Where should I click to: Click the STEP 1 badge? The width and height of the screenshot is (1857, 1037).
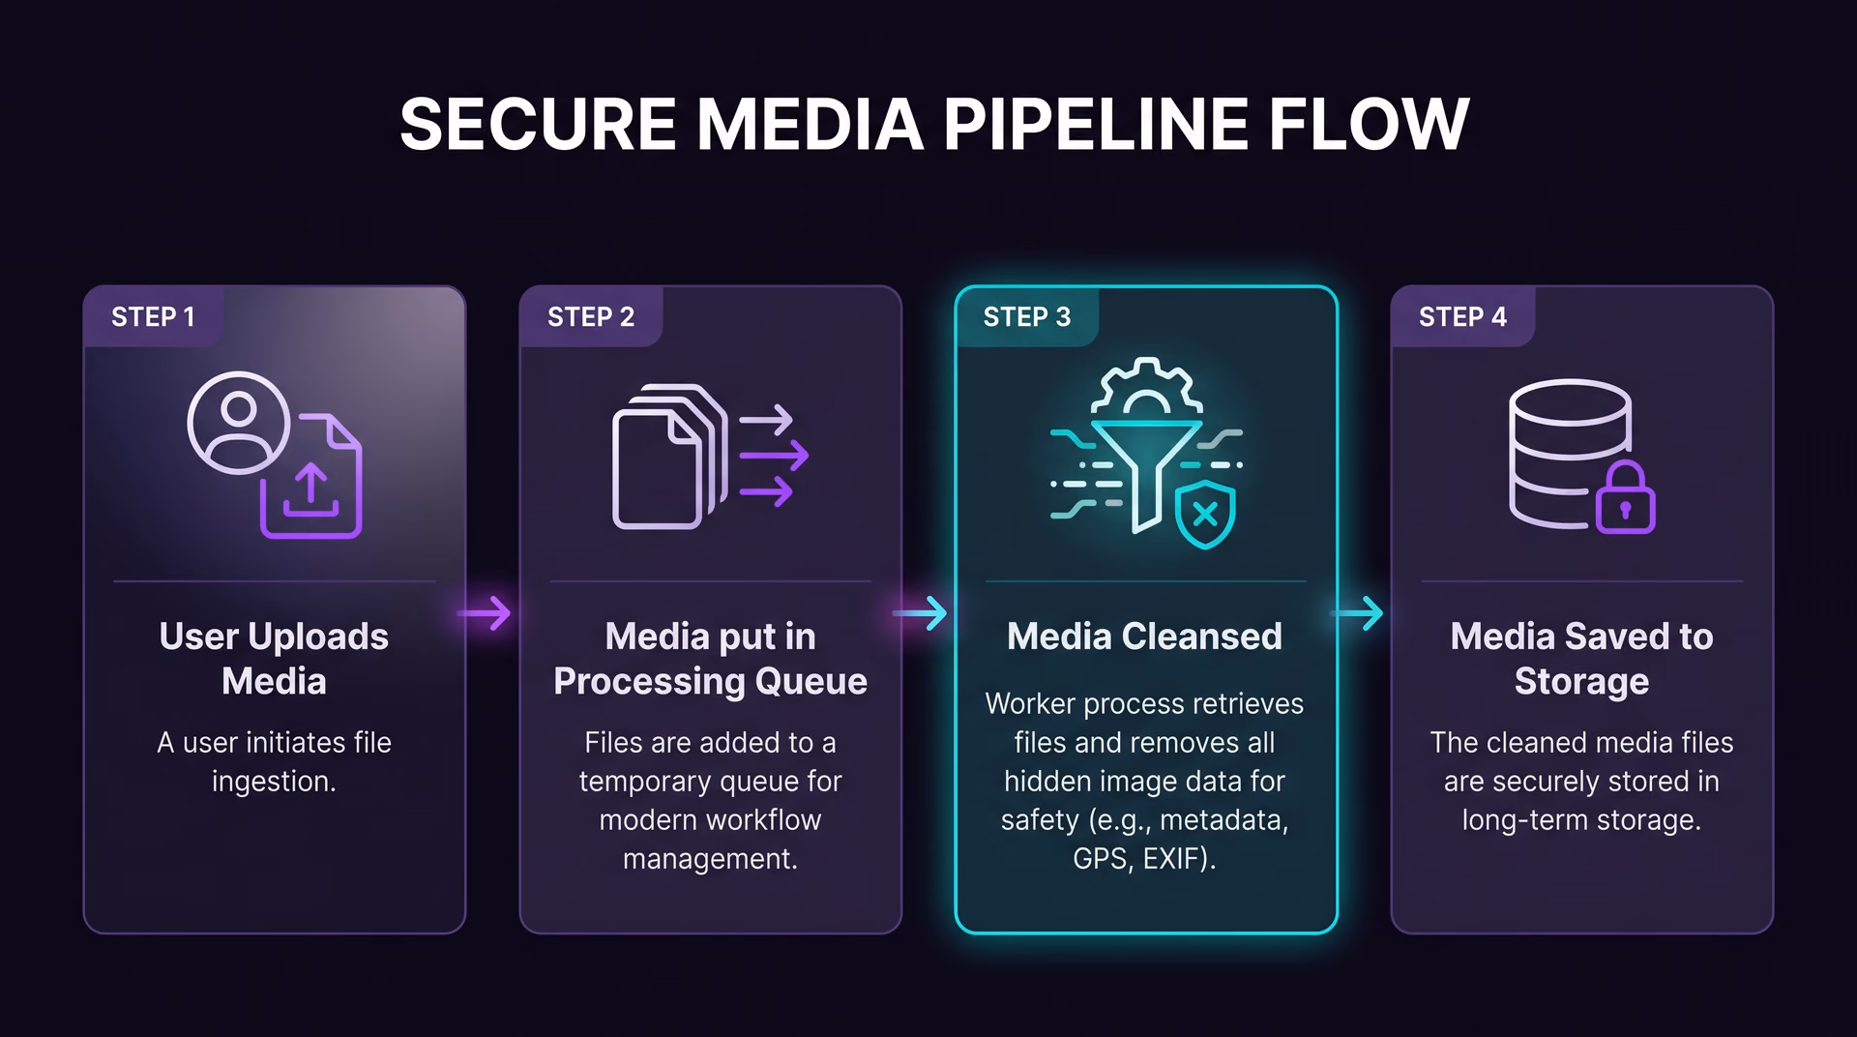click(153, 316)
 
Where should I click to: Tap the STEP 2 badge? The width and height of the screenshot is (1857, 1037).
click(591, 316)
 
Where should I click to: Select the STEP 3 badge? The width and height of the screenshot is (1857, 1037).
click(1027, 316)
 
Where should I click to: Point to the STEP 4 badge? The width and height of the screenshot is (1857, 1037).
click(1462, 316)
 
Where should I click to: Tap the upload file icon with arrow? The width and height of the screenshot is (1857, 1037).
click(311, 476)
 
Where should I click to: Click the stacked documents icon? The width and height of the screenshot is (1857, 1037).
click(669, 457)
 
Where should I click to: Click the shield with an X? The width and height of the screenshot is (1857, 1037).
click(1205, 514)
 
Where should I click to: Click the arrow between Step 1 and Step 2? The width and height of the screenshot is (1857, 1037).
click(485, 613)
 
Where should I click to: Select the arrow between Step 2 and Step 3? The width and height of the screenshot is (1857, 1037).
click(921, 613)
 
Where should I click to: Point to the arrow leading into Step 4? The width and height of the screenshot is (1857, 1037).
click(1358, 613)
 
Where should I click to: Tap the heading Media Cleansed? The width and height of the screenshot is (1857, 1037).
click(1144, 637)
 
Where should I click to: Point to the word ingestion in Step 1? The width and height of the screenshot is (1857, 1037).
click(274, 782)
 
